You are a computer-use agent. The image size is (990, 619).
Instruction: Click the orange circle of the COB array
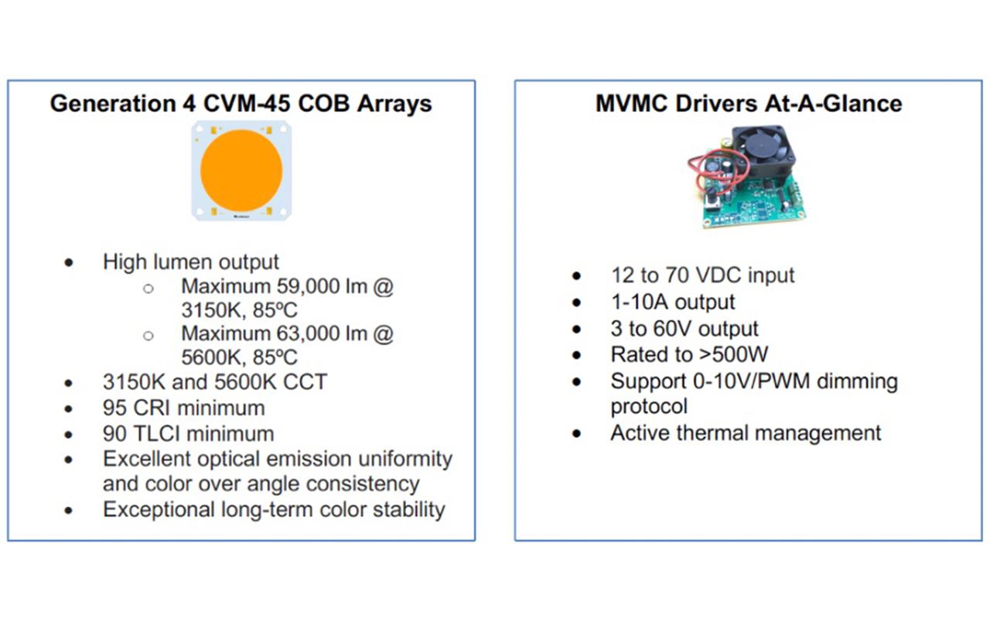(x=241, y=170)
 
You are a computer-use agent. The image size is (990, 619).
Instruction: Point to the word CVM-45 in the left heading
(x=247, y=104)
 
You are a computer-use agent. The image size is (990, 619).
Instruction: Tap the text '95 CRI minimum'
(x=184, y=408)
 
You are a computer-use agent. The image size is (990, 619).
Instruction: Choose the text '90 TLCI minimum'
(x=188, y=434)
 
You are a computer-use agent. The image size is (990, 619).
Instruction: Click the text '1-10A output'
(x=673, y=302)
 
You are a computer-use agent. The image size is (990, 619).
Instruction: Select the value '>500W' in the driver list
(x=734, y=354)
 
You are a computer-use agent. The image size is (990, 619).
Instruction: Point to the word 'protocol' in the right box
(x=649, y=406)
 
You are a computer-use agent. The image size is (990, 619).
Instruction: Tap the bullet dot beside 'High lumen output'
(x=69, y=262)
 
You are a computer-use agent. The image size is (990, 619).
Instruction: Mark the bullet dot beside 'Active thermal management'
(x=576, y=433)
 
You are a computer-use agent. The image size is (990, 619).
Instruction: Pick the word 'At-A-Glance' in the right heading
(x=833, y=104)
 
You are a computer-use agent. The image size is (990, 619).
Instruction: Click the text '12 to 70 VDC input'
(x=703, y=275)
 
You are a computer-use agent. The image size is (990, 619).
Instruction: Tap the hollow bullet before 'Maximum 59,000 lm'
(x=148, y=289)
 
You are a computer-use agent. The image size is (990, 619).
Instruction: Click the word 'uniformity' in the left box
(x=405, y=459)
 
